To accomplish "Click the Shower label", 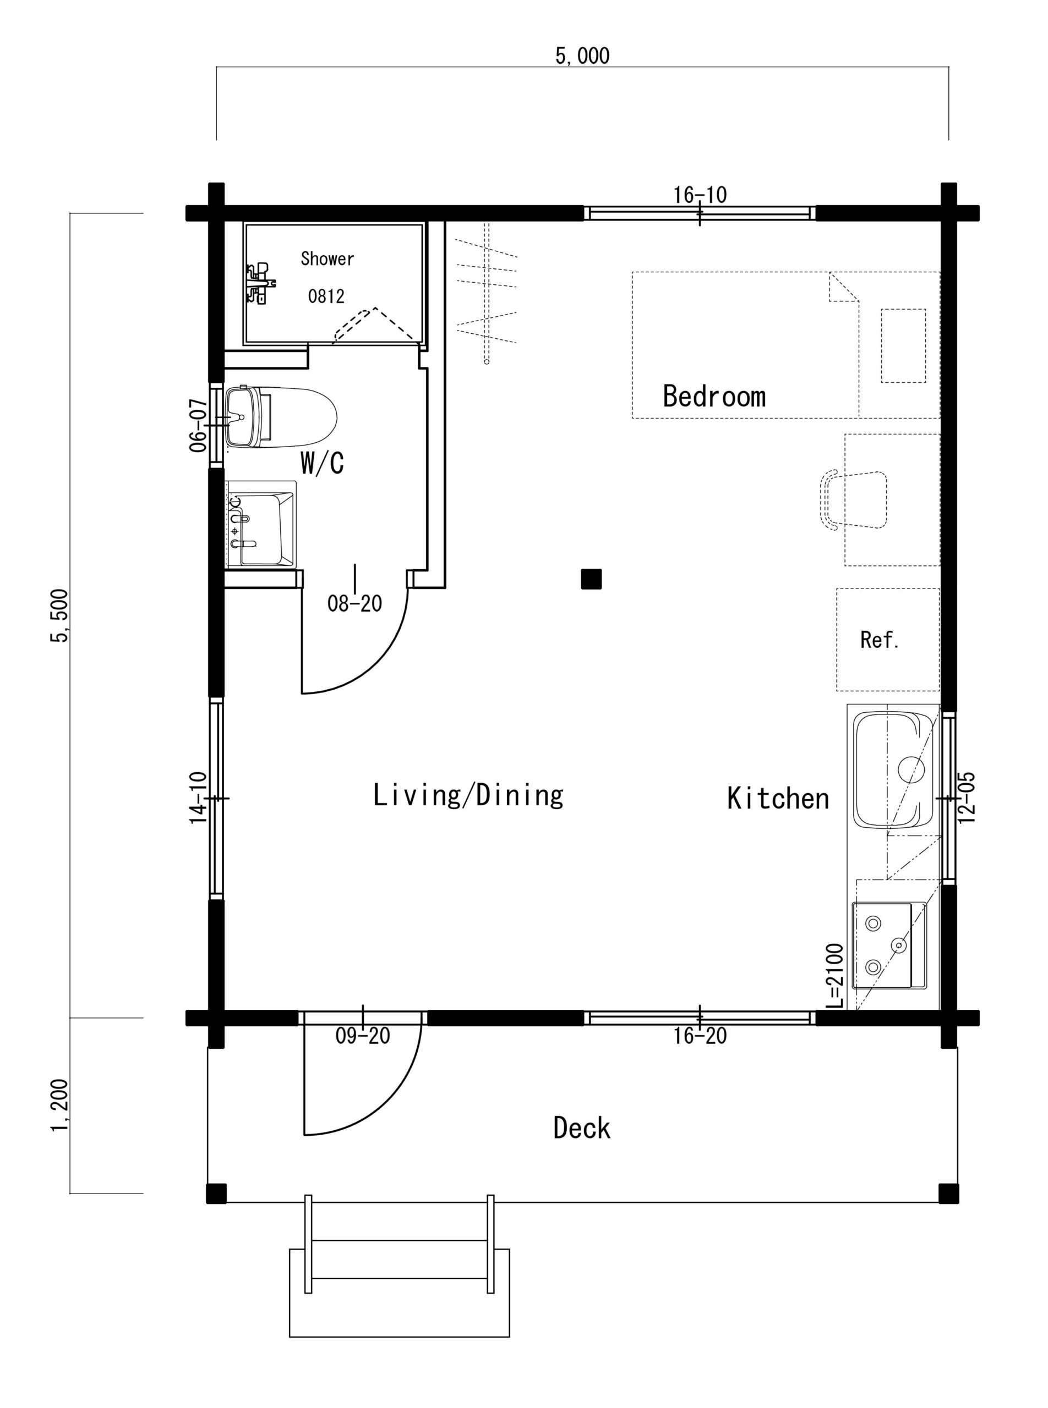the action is click(327, 258).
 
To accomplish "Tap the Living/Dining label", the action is click(468, 795).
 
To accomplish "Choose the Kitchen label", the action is click(778, 798).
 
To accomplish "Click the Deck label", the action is click(582, 1129).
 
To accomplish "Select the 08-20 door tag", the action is click(354, 603).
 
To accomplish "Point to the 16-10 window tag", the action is click(700, 195).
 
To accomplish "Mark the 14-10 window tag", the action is click(198, 798).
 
